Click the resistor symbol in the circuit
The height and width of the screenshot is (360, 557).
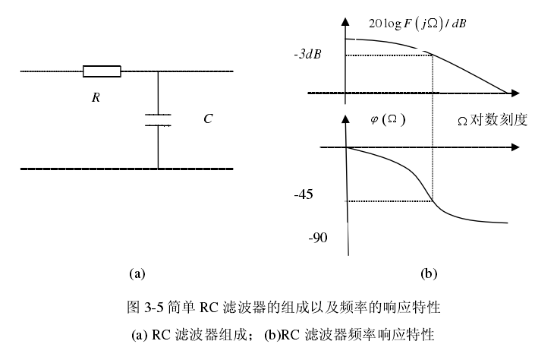click(x=102, y=72)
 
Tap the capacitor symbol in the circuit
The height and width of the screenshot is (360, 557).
click(x=158, y=119)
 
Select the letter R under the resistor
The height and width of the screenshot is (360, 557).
click(x=96, y=98)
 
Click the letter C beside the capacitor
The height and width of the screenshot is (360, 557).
click(x=208, y=119)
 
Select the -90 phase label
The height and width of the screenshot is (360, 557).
click(x=318, y=238)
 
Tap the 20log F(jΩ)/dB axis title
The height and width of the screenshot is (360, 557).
click(x=417, y=24)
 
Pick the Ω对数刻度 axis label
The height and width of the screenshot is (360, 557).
click(x=492, y=120)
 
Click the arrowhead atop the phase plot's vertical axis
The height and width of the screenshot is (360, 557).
click(x=345, y=118)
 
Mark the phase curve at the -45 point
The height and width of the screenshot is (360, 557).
click(x=432, y=201)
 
